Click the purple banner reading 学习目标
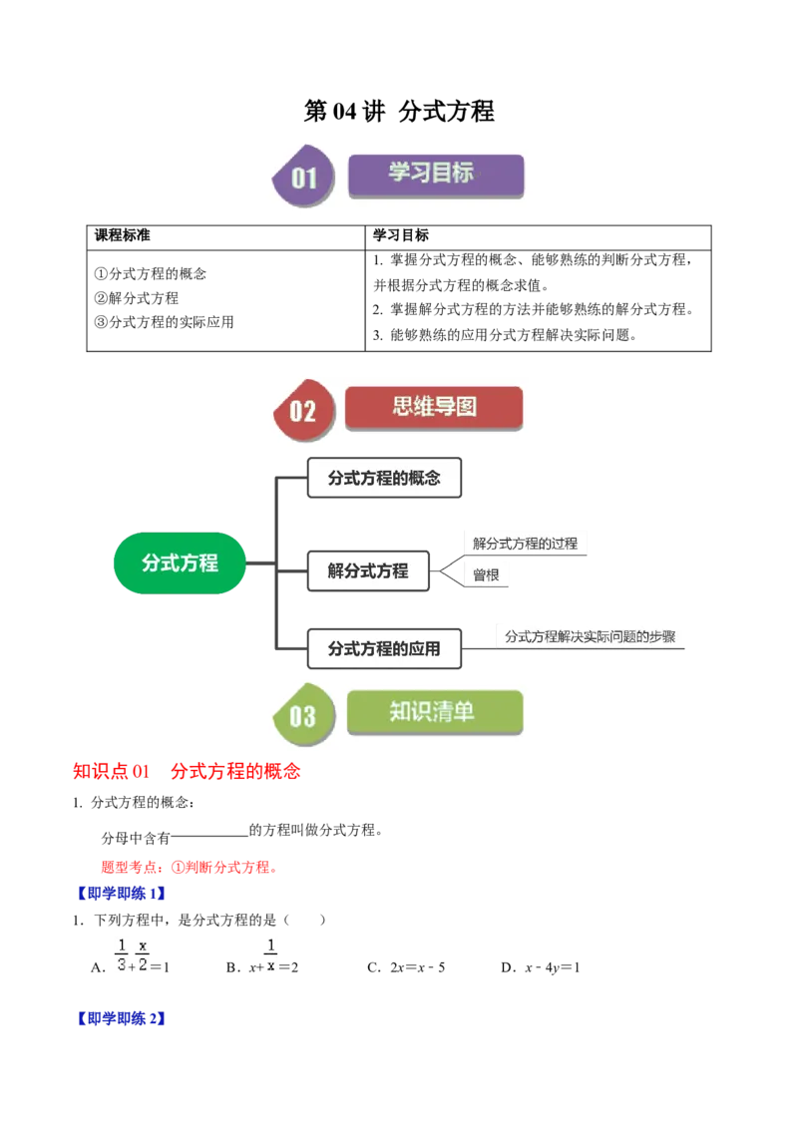(x=436, y=174)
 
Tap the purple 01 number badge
(x=303, y=178)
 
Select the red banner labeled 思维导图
(x=434, y=407)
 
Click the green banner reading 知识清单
(x=434, y=712)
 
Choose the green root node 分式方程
(x=180, y=563)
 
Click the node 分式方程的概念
(x=383, y=478)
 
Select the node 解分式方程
(x=368, y=571)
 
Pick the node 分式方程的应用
(x=383, y=648)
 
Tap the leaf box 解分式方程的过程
(x=525, y=544)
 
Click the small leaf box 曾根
(x=486, y=575)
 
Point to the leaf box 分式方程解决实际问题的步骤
(x=590, y=636)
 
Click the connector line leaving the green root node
(x=261, y=564)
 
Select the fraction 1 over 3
(x=122, y=954)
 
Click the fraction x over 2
(x=144, y=954)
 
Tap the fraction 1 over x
(x=270, y=954)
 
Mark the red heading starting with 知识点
(x=187, y=771)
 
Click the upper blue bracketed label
(x=121, y=894)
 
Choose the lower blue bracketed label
(x=121, y=1019)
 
